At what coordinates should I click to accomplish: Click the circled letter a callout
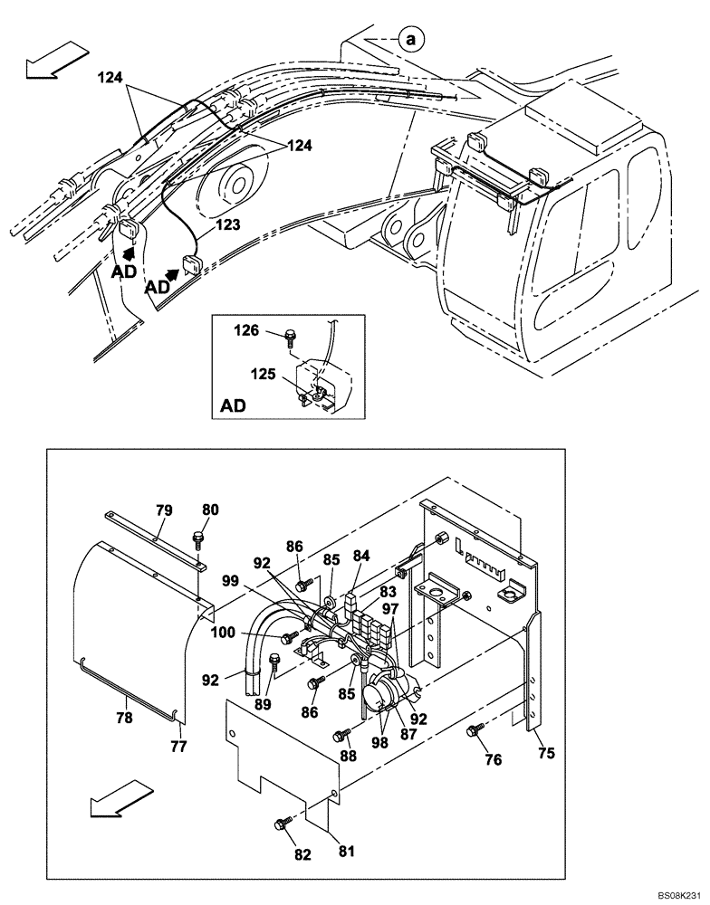(x=412, y=39)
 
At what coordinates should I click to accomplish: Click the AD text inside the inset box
(x=233, y=406)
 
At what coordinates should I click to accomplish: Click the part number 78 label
(x=125, y=718)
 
